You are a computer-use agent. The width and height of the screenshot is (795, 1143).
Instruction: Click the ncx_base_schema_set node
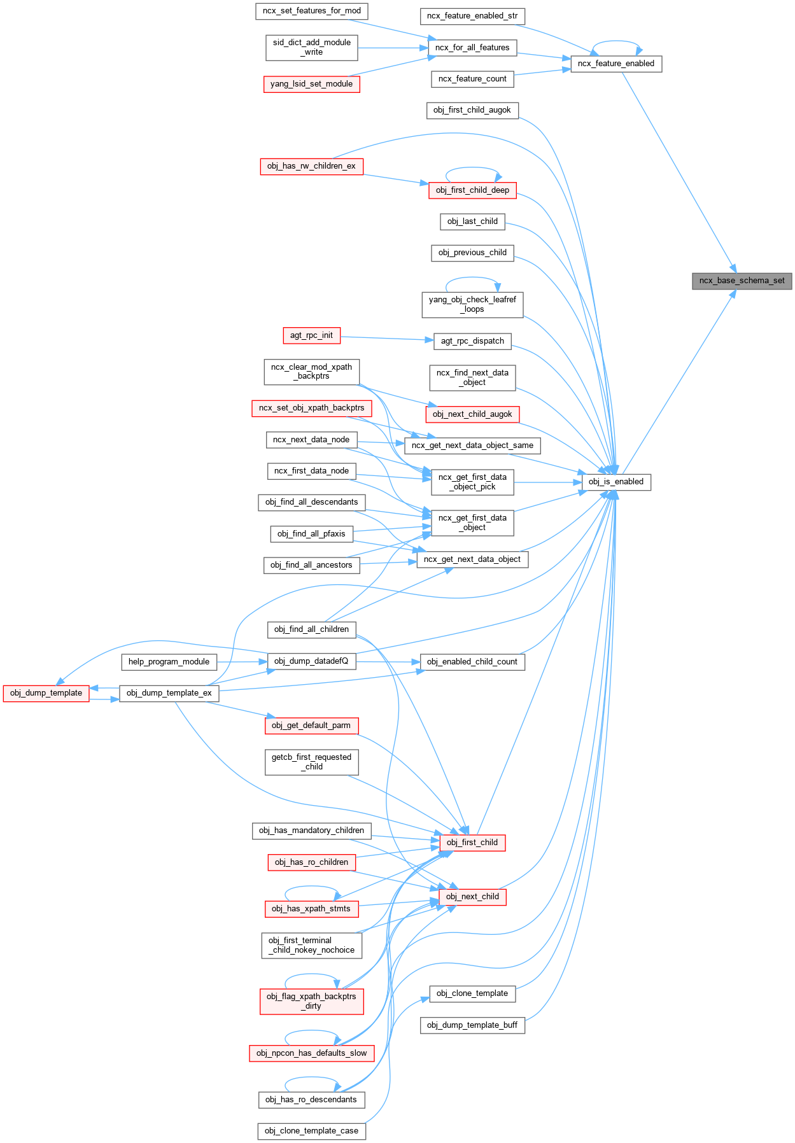(x=742, y=281)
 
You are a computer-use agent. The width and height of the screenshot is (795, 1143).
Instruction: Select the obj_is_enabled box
(x=616, y=482)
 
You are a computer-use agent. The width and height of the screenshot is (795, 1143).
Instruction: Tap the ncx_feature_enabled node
(x=616, y=64)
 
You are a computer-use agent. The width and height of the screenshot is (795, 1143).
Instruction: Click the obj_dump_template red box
(x=46, y=693)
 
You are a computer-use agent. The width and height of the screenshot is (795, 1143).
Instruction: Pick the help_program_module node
(x=169, y=662)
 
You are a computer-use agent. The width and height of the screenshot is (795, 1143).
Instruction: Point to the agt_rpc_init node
(x=311, y=335)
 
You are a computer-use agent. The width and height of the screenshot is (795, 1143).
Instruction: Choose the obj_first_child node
(x=472, y=843)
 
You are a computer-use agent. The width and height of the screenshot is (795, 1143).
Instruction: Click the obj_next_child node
(x=472, y=897)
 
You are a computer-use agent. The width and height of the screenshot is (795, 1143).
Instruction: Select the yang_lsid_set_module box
(x=311, y=84)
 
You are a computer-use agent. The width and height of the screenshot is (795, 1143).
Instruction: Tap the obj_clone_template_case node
(x=311, y=1131)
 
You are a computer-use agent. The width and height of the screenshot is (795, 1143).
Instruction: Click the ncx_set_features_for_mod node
(x=311, y=11)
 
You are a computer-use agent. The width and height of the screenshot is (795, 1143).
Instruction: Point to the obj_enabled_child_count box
(x=472, y=662)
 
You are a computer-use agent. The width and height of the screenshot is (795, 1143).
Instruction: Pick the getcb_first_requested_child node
(x=311, y=762)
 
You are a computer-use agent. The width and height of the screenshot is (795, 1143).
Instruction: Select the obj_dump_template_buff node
(x=472, y=1025)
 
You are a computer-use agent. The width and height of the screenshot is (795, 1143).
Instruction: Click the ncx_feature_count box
(x=472, y=79)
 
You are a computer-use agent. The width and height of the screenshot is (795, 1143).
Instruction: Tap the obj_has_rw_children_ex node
(x=311, y=166)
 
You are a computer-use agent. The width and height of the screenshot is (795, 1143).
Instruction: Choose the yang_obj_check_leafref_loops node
(x=472, y=304)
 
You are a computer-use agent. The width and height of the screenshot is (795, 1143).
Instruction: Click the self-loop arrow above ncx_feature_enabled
(x=616, y=42)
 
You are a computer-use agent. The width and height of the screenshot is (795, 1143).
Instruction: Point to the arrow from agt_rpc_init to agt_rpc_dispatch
(x=387, y=338)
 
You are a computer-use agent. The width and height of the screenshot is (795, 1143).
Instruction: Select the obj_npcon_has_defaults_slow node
(x=311, y=1053)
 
